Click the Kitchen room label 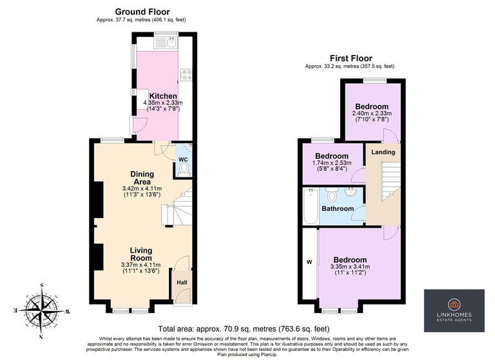tap(163, 95)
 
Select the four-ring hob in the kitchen tap(186, 75)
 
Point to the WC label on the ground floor tap(183, 159)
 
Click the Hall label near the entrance tap(182, 283)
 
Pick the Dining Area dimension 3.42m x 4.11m tap(142, 188)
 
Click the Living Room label tap(141, 254)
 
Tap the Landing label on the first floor tap(383, 152)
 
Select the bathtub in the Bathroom tap(311, 206)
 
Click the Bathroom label tap(338, 208)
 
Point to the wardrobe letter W tap(309, 262)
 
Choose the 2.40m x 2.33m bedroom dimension tap(372, 113)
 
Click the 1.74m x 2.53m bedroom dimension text tap(332, 163)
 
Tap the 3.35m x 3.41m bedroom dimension tap(350, 266)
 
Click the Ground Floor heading tap(142, 12)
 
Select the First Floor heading tap(351, 59)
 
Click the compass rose tap(42, 311)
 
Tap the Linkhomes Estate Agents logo tap(454, 311)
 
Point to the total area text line tap(244, 329)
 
